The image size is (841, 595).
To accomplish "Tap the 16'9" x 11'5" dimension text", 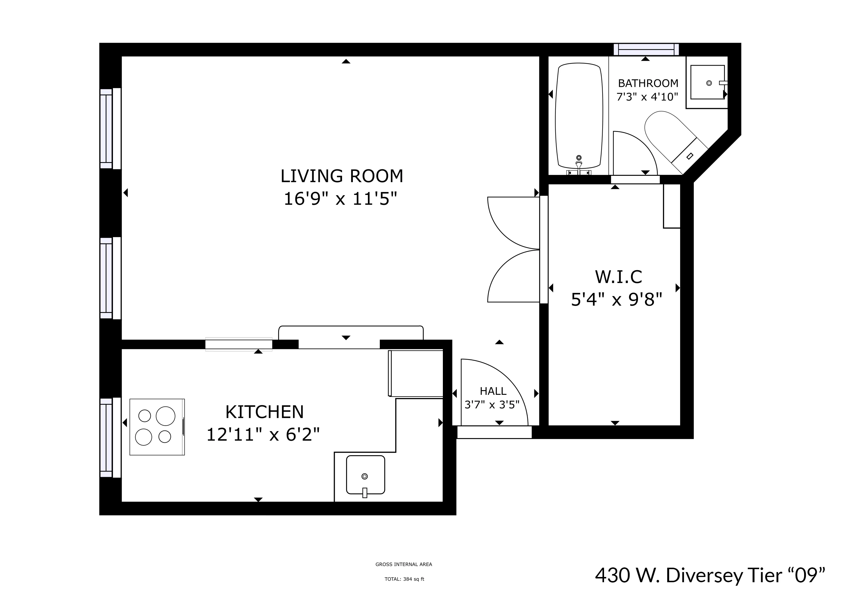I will click(340, 199).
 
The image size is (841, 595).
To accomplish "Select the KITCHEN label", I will click(265, 412).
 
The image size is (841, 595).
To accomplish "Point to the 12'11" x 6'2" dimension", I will click(263, 435).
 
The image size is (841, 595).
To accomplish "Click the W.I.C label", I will click(618, 277).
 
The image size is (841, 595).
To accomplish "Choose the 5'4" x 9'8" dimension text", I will click(617, 300).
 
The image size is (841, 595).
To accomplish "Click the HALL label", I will click(493, 391).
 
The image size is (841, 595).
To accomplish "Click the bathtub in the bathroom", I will click(579, 115).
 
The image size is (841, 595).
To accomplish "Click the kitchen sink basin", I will click(365, 475).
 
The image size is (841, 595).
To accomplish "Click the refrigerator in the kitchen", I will click(416, 373).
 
